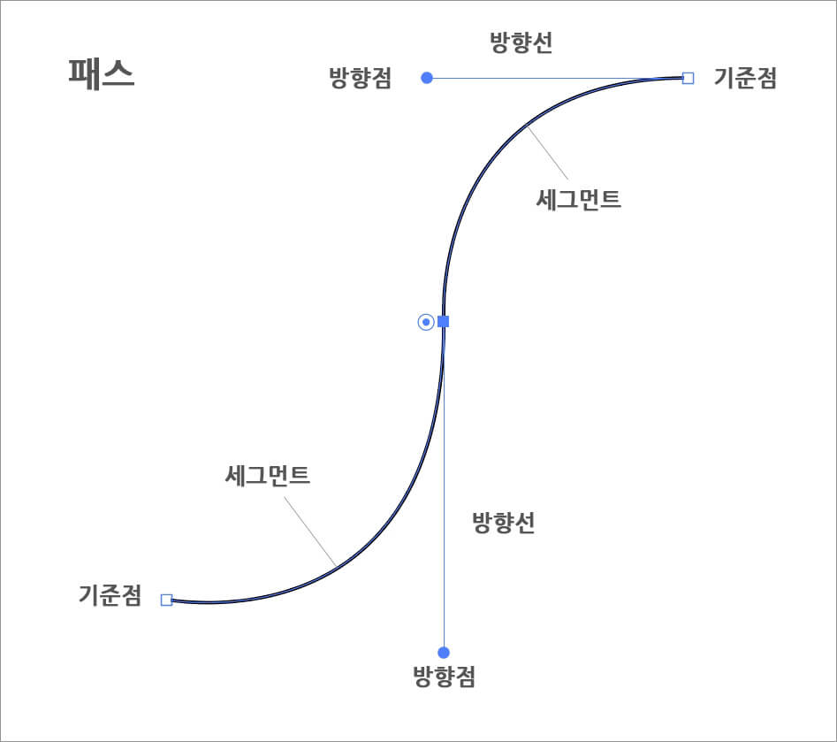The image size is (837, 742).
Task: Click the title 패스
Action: pos(102,74)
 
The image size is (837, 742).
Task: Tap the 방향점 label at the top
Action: pos(360,79)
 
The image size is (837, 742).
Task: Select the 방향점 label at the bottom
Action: pos(444,677)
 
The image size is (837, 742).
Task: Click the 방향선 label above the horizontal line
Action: pos(521,44)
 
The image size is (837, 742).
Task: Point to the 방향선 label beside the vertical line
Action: pos(504,523)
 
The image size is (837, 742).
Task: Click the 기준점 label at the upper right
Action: pos(745,79)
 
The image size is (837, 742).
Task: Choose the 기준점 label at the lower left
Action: pos(110,596)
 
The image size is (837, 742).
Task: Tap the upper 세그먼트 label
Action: pos(579,200)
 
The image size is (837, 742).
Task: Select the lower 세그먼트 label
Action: pos(268,477)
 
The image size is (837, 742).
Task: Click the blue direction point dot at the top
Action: pos(427,78)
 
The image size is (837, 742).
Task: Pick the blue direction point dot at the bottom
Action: pos(444,653)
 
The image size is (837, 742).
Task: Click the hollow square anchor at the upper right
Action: pos(689,78)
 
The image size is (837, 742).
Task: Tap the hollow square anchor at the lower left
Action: pos(166,600)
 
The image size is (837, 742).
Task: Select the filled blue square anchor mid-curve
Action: pos(444,321)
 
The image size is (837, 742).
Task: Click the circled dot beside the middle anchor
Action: pos(425,322)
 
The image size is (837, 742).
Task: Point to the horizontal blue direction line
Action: pos(557,78)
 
